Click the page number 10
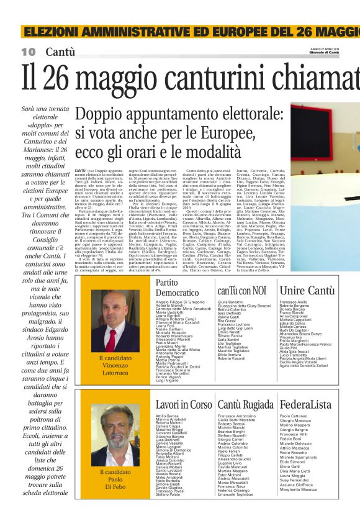(x=29, y=51)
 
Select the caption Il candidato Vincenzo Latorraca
(x=115, y=366)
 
